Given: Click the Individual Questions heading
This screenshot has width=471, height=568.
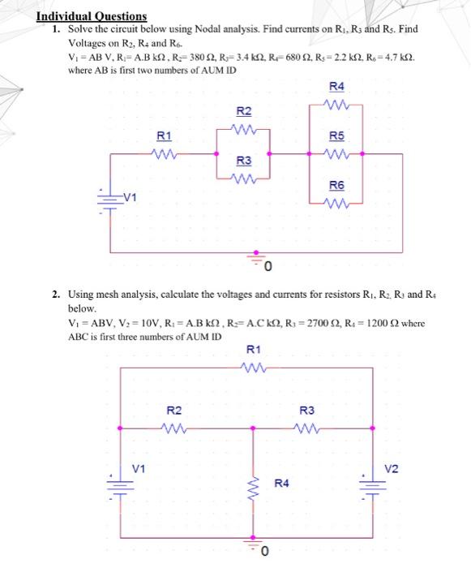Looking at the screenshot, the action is pyautogui.click(x=92, y=16).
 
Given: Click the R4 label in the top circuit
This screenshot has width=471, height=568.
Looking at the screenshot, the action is pyautogui.click(x=336, y=87).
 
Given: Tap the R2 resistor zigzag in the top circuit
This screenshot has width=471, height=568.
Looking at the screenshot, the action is pyautogui.click(x=244, y=129).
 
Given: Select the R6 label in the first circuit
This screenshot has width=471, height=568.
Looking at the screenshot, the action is pyautogui.click(x=336, y=186).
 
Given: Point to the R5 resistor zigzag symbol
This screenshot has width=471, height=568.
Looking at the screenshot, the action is pyautogui.click(x=336, y=154).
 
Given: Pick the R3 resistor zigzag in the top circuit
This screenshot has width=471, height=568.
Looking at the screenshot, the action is pyautogui.click(x=244, y=179).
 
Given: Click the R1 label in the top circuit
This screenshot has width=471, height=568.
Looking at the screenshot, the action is pyautogui.click(x=164, y=136).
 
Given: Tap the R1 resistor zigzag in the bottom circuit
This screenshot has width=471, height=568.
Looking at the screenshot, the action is pyautogui.click(x=254, y=368).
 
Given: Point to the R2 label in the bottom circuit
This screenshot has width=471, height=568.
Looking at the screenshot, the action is pyautogui.click(x=173, y=411).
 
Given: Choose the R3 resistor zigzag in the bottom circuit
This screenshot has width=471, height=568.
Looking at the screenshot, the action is pyautogui.click(x=307, y=428).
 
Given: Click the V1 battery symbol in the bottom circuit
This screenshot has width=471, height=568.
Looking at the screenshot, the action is pyautogui.click(x=120, y=487).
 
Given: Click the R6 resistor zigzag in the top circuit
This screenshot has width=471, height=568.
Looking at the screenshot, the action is pyautogui.click(x=336, y=204).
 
